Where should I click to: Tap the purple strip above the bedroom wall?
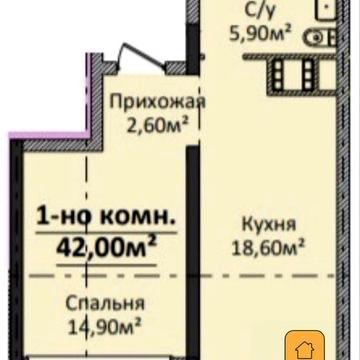pos(60,141)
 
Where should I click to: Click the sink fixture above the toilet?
pos(326,12)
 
